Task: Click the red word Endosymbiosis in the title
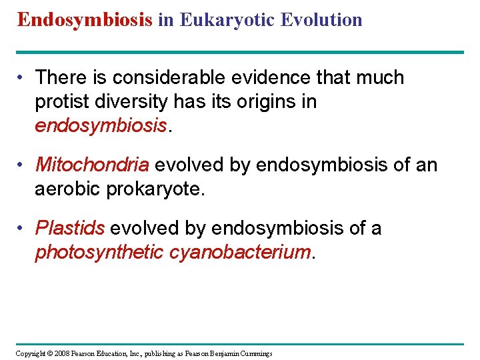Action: coord(85,19)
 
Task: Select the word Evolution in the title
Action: coord(321,19)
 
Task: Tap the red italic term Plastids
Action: coord(70,229)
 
